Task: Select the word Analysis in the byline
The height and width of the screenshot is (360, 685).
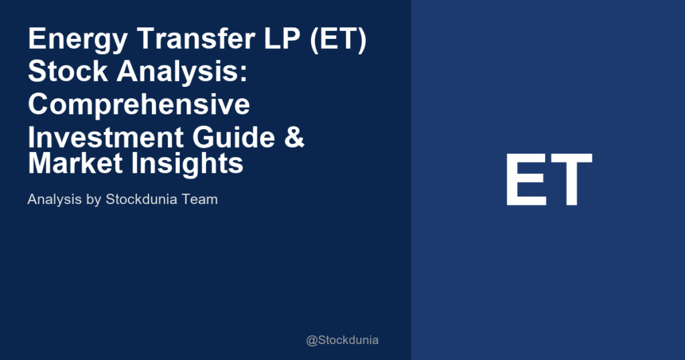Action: (53, 199)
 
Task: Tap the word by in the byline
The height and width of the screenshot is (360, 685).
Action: (92, 199)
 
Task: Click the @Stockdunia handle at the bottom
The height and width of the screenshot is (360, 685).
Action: (342, 340)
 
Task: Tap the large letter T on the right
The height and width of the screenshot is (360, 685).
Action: (570, 180)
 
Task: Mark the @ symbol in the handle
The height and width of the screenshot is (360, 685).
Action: (312, 341)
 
